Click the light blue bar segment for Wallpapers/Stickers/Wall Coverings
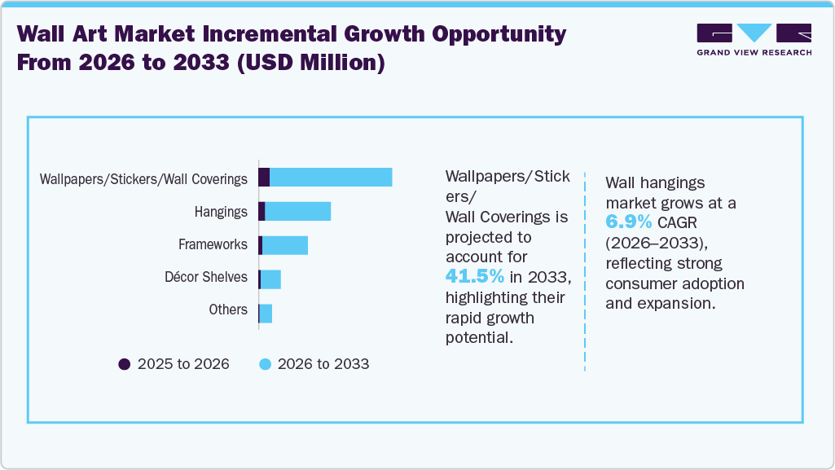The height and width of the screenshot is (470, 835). (331, 178)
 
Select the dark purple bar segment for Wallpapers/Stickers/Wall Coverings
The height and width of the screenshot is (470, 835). (264, 178)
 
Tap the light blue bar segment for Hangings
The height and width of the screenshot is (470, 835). (297, 212)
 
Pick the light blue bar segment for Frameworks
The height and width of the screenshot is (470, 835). (285, 245)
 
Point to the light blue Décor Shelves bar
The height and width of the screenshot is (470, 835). (270, 279)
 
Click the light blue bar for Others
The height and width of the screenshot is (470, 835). (266, 313)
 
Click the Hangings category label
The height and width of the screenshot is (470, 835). (221, 212)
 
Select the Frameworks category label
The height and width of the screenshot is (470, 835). (213, 244)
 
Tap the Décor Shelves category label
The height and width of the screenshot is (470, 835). (206, 277)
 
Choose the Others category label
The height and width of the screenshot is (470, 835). (228, 310)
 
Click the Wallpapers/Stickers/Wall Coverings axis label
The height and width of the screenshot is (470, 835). (143, 179)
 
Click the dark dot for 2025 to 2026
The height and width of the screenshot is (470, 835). (125, 364)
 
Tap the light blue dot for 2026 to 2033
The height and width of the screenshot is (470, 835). (265, 364)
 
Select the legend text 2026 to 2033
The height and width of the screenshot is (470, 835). (323, 364)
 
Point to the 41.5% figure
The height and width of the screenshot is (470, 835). (474, 276)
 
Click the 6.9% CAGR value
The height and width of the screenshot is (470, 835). (628, 222)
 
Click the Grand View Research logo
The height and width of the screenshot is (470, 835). (754, 39)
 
